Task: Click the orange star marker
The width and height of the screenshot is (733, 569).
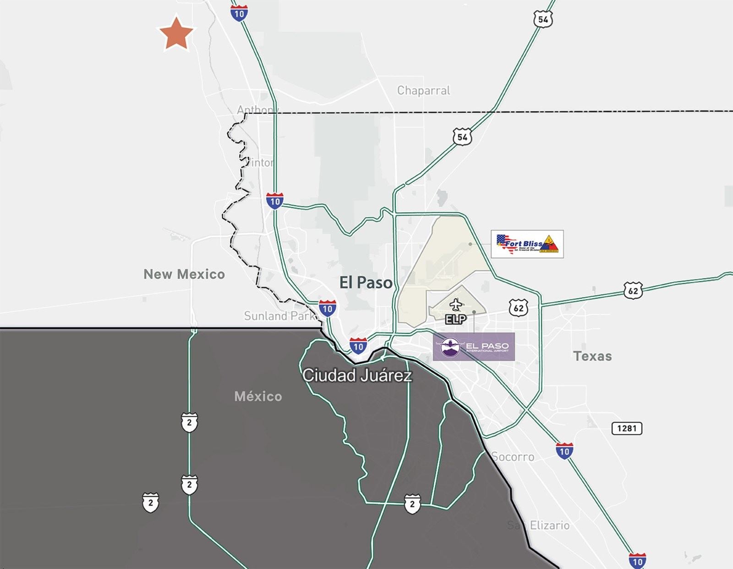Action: click(x=176, y=33)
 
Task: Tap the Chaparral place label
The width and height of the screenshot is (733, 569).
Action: click(x=423, y=90)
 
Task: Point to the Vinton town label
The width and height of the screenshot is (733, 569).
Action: click(x=260, y=163)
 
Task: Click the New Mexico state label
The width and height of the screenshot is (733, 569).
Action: click(x=184, y=274)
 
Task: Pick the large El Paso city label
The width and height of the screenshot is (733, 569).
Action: click(x=366, y=282)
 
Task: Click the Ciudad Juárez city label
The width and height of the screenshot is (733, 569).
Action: click(x=357, y=376)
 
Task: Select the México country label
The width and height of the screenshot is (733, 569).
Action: click(x=258, y=396)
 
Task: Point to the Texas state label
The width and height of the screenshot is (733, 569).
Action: click(x=592, y=356)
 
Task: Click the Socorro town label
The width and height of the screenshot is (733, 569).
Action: click(x=513, y=457)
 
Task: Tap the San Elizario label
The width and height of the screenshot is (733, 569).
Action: click(x=538, y=525)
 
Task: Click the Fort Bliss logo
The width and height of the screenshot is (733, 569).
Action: click(x=527, y=244)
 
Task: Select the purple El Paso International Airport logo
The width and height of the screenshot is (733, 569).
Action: click(x=474, y=347)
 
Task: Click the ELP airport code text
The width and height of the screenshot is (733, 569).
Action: click(x=455, y=319)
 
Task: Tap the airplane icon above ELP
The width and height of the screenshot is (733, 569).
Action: click(x=455, y=304)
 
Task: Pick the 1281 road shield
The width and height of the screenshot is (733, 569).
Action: click(x=627, y=428)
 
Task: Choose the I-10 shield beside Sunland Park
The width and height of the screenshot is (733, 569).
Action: click(x=327, y=309)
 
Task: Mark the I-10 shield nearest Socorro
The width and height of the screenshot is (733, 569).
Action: click(x=564, y=451)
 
